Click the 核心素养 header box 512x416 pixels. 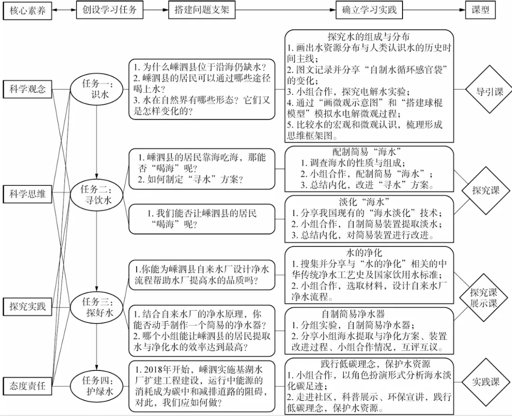click(28, 10)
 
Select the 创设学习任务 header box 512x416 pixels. click(110, 9)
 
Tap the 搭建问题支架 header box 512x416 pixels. click(199, 9)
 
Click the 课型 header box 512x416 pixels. click(480, 9)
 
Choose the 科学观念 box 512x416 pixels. click(28, 89)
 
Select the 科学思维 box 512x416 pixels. click(28, 193)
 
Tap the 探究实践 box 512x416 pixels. click(28, 306)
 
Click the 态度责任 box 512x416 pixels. click(28, 385)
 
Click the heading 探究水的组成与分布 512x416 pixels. click(368, 36)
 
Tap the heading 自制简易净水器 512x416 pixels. click(352, 314)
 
